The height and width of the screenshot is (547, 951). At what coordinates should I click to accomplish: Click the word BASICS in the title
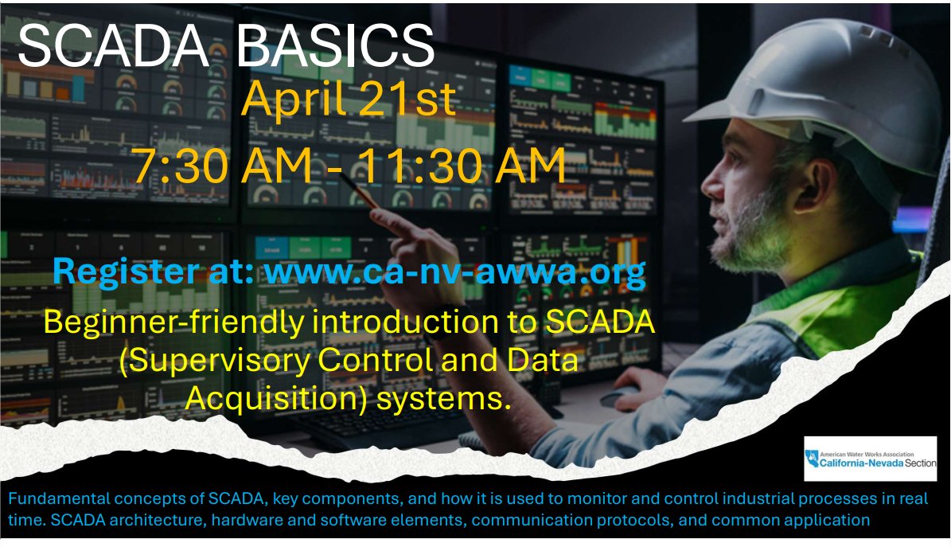[334, 47]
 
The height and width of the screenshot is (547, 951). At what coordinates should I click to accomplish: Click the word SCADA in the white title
[114, 47]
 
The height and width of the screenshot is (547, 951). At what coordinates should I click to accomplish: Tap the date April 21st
[349, 99]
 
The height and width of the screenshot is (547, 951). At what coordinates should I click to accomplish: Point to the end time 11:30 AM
[460, 165]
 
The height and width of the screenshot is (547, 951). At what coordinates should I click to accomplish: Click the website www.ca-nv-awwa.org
[455, 272]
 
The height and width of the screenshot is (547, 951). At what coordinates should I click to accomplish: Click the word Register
[125, 272]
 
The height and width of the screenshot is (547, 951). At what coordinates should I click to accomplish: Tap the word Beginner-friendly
[173, 322]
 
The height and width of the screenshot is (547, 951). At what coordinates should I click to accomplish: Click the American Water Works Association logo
[871, 459]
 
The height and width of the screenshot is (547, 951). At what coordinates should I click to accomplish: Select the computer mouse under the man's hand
[618, 397]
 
